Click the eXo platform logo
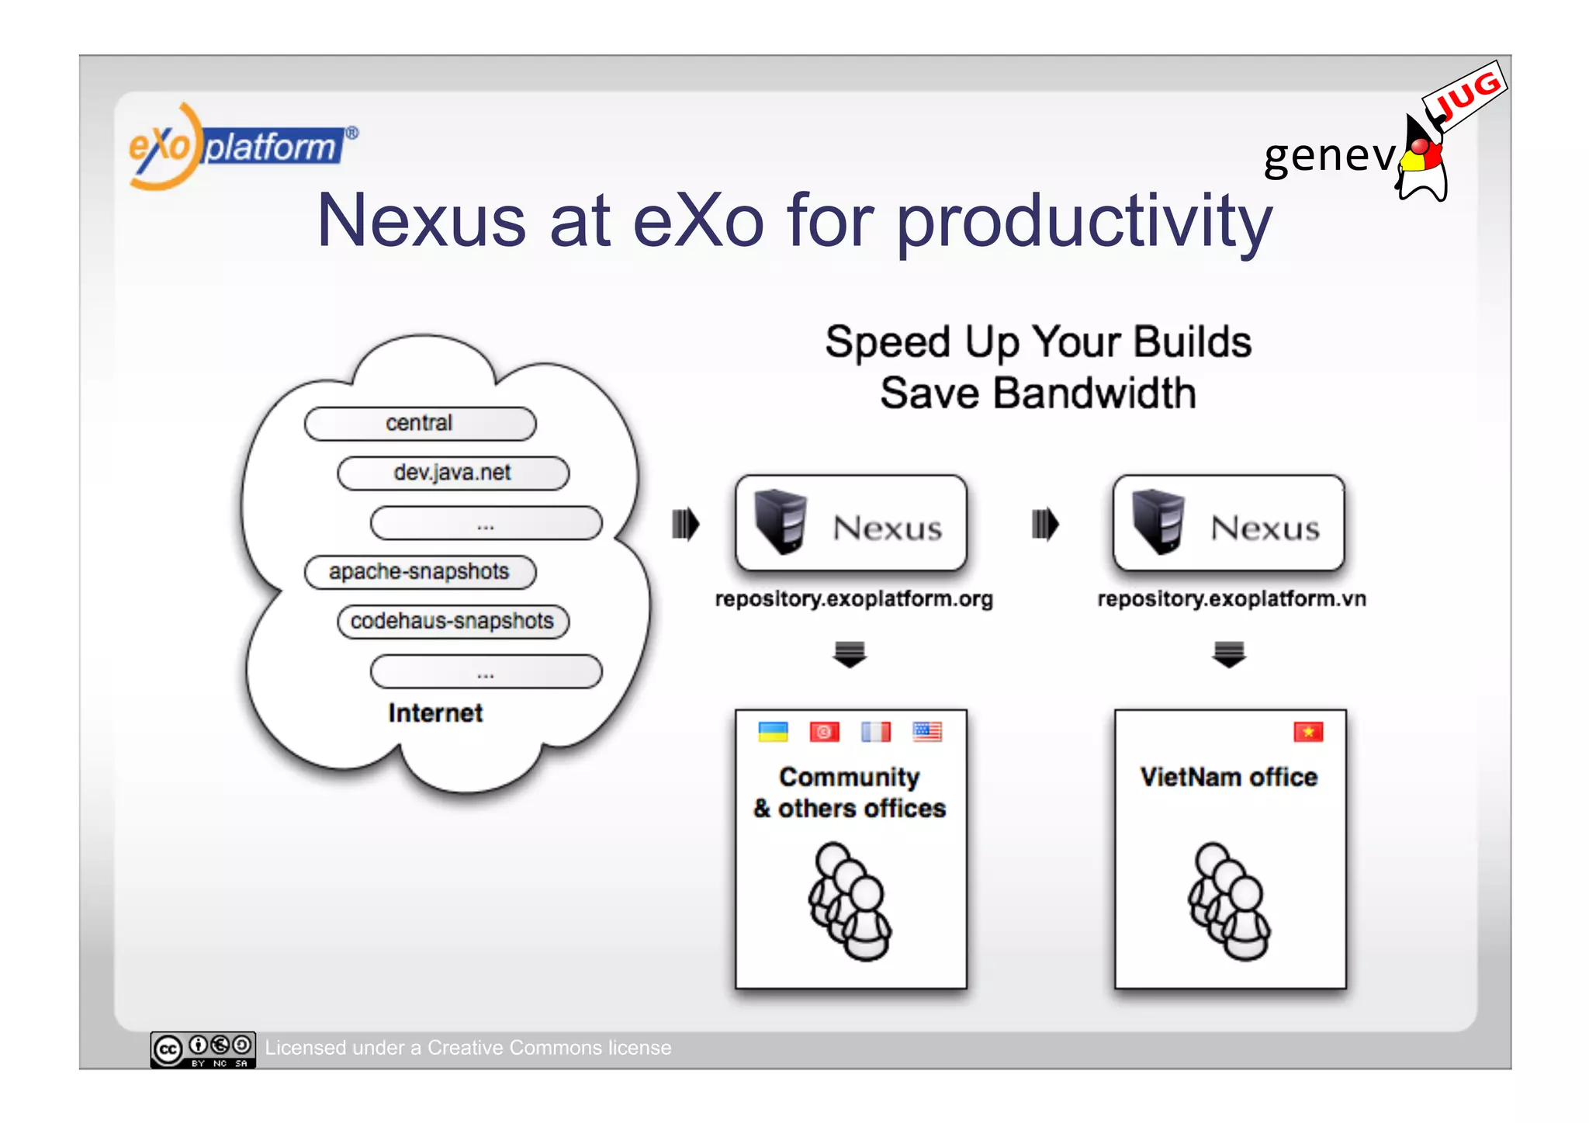241,146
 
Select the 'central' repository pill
420,424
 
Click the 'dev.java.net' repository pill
452,473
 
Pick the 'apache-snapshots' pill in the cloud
420,572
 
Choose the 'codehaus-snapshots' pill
452,622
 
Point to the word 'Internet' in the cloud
435,713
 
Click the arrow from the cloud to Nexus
685,524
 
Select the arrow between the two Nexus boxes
1045,524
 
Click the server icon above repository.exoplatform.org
781,522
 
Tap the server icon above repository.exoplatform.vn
1158,522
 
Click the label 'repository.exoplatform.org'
853,599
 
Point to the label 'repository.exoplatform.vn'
1231,599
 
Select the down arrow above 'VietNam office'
1229,654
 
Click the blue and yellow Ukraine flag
773,732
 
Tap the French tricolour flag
876,732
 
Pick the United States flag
927,732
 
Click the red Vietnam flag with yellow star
1308,732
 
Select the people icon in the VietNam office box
1229,902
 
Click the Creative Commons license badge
203,1049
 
